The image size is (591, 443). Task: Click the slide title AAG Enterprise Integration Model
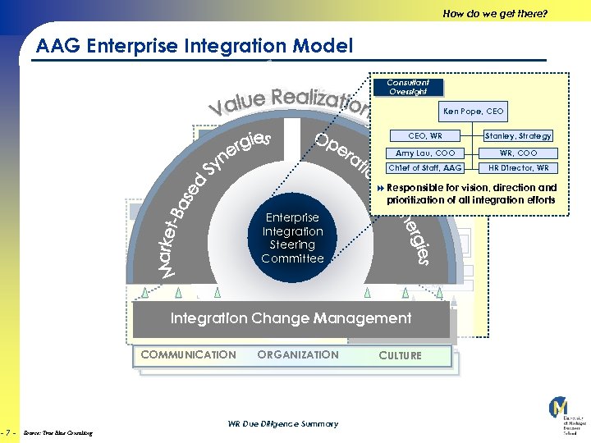pos(195,47)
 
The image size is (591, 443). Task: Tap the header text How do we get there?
pos(494,13)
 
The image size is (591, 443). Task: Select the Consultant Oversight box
pos(408,87)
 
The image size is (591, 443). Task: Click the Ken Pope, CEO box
pos(474,111)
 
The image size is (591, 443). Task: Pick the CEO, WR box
pos(425,136)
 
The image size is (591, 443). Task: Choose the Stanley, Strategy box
pos(518,136)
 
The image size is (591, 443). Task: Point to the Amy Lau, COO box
pos(425,153)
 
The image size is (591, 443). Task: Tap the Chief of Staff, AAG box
pos(425,168)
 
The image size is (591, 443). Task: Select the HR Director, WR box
pos(518,168)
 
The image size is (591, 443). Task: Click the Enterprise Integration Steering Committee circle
pos(292,238)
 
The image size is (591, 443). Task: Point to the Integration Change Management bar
pos(291,318)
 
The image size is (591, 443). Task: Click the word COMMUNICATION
pos(188,355)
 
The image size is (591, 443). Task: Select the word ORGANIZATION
pos(297,355)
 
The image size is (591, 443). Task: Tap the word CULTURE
pos(400,356)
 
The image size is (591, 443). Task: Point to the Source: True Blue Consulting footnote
pos(58,432)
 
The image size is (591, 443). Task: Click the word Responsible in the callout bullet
pos(415,188)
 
